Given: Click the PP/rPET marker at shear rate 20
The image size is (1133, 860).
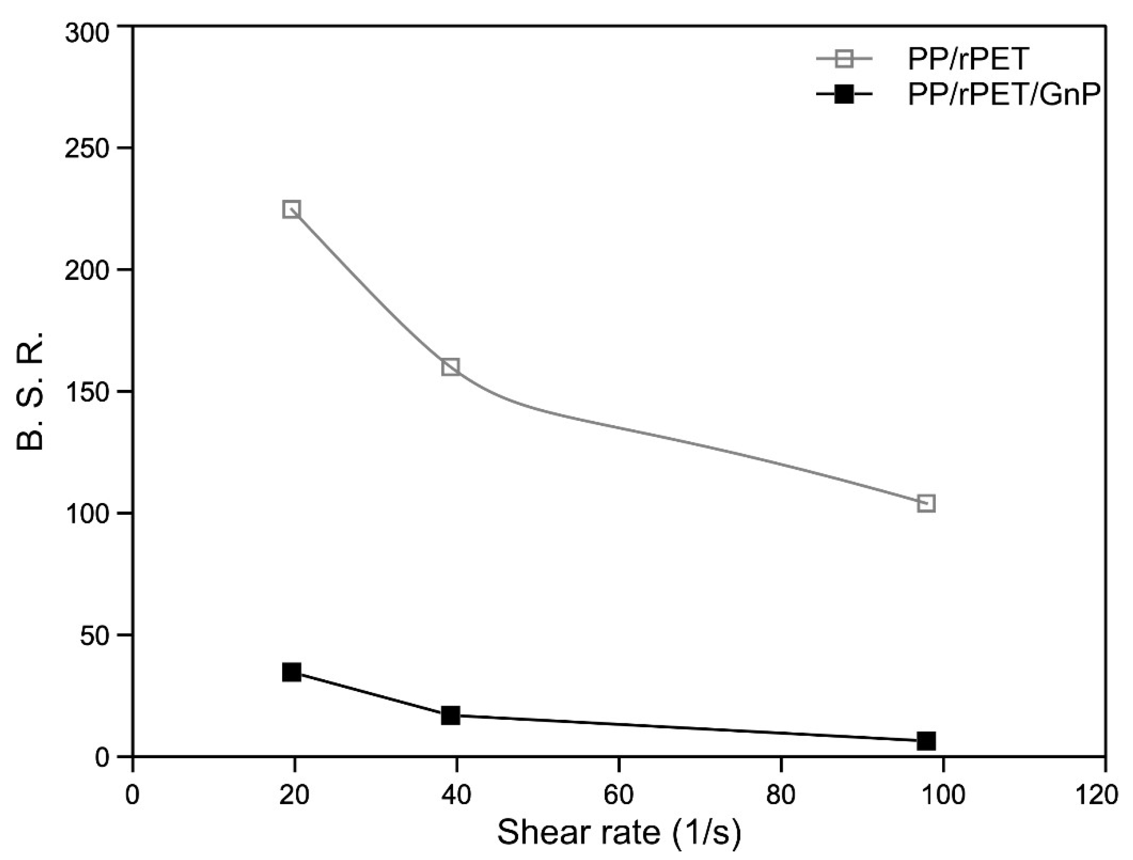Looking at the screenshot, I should click(x=291, y=209).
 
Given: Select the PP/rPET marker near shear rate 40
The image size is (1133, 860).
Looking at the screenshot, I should click(x=450, y=367).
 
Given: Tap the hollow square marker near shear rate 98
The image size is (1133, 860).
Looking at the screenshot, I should click(x=926, y=504).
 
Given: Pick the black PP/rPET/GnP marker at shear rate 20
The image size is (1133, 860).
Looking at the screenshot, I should click(x=291, y=672).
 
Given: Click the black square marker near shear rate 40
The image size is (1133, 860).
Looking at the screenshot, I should click(x=450, y=716).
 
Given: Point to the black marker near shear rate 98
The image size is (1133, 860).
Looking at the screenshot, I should click(x=926, y=741).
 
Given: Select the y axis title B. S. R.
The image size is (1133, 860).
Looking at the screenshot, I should click(x=32, y=391).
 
